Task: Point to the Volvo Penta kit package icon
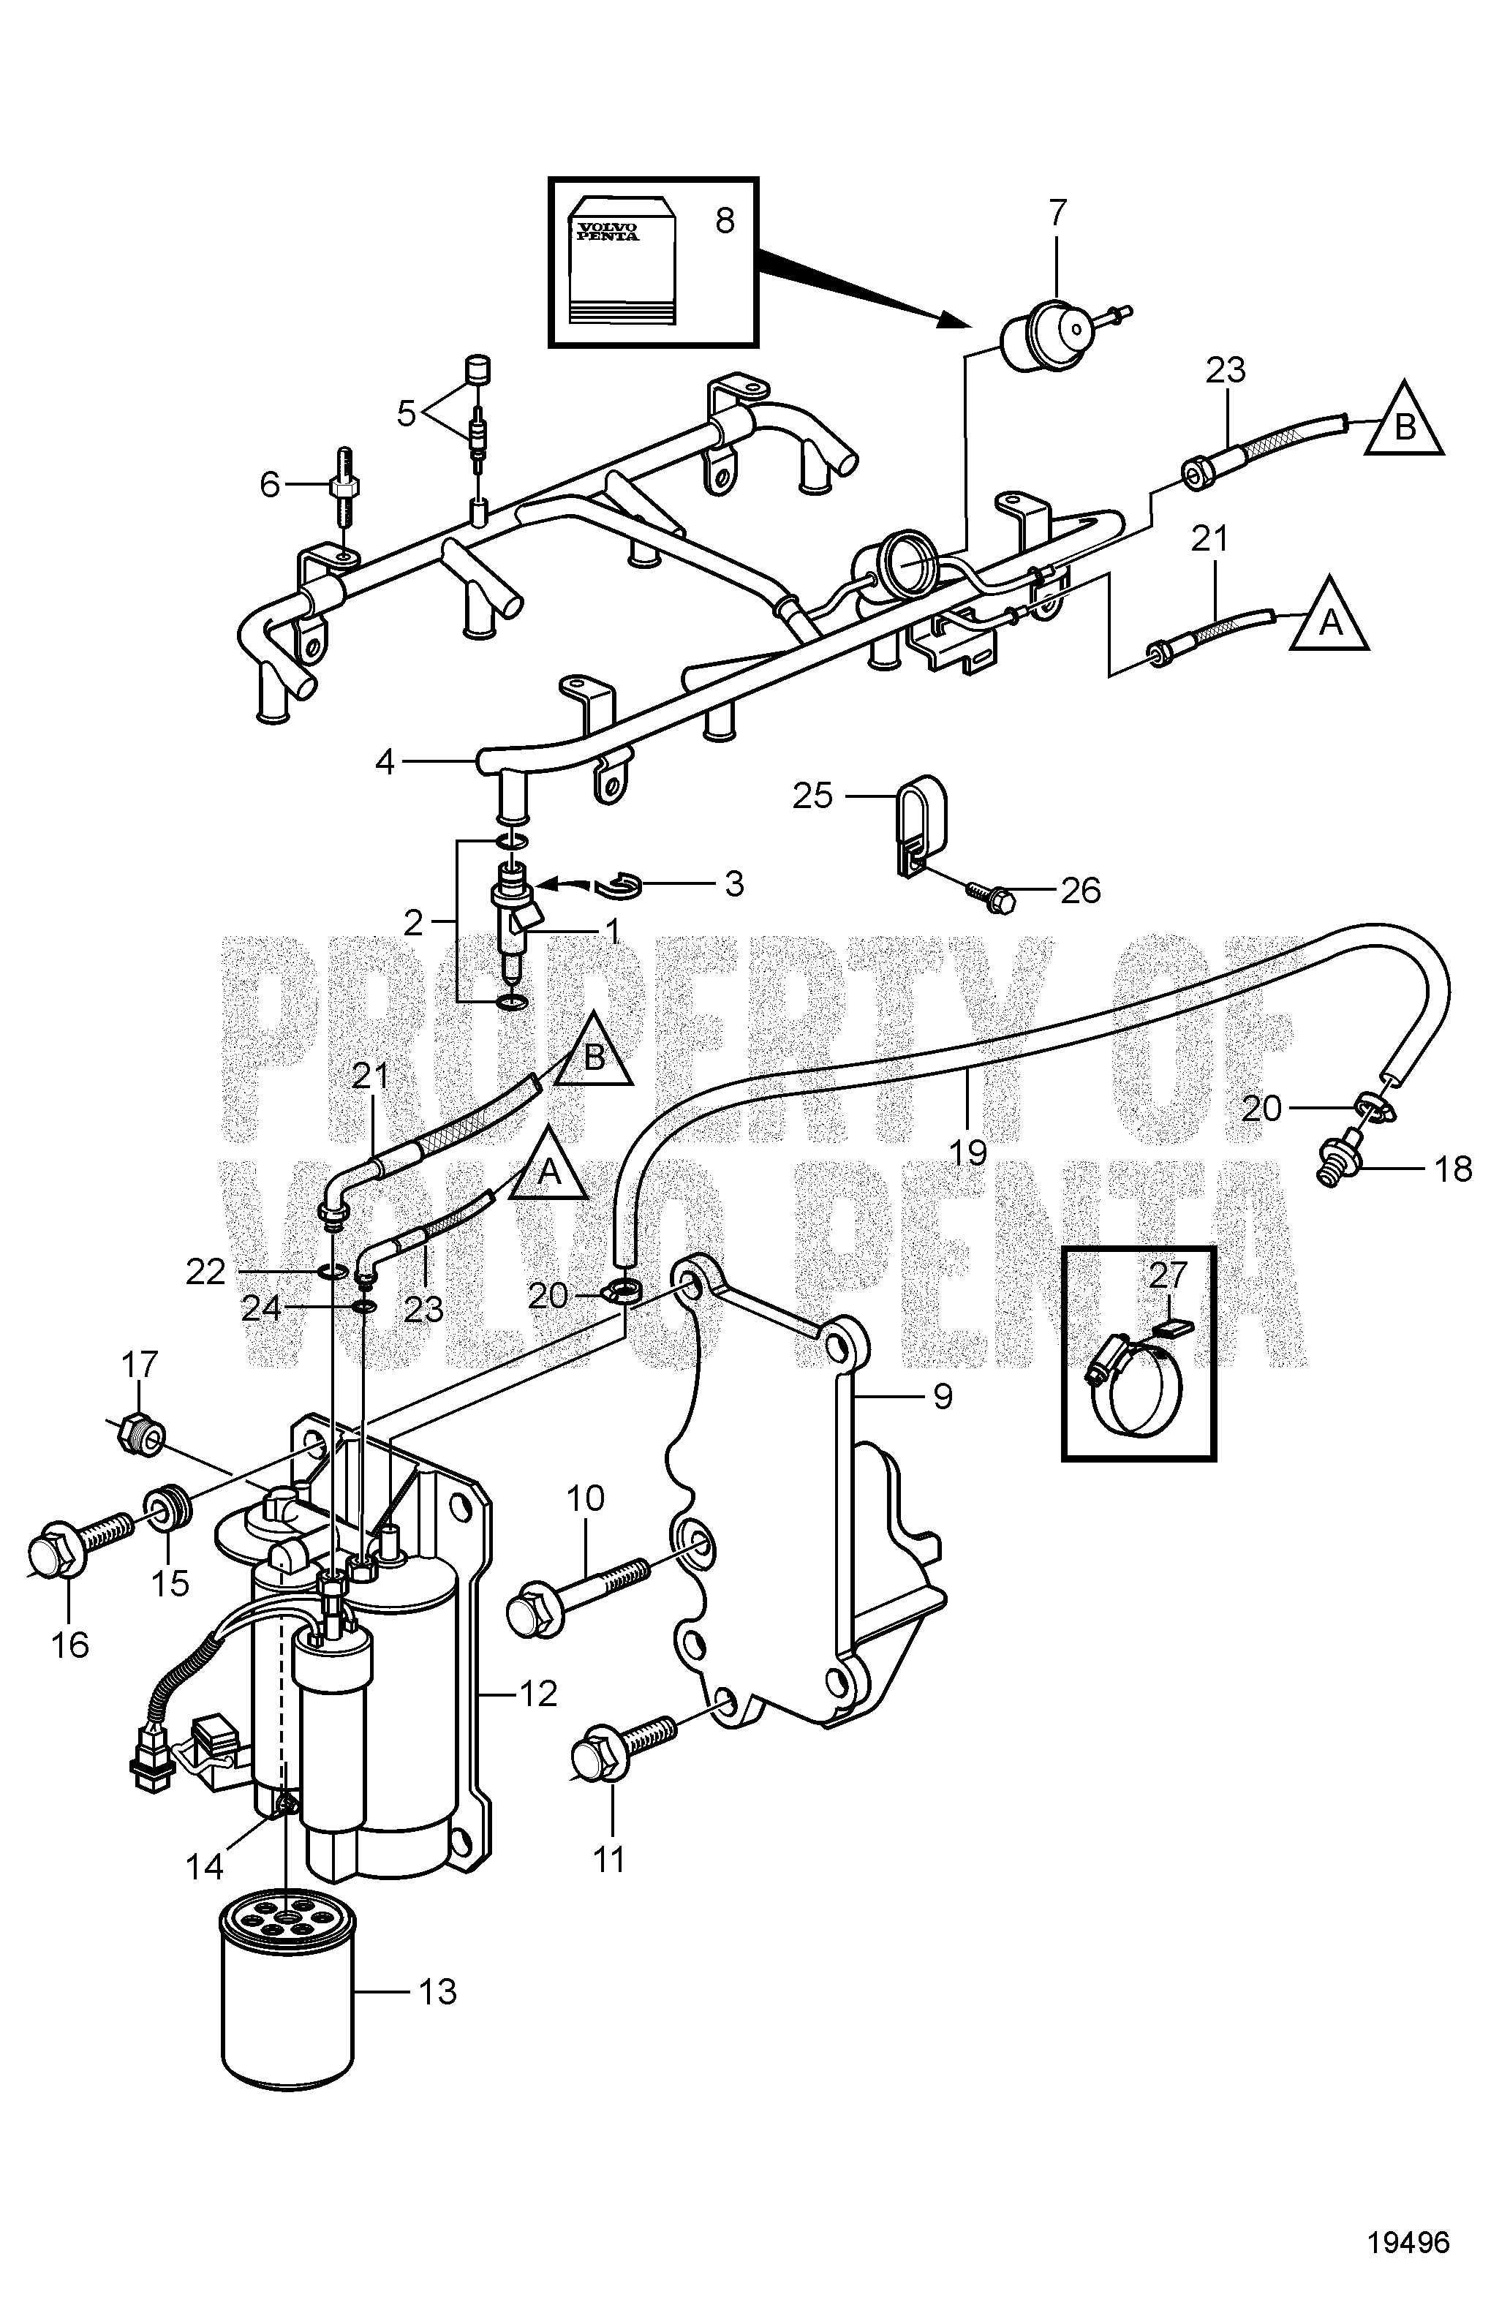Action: (620, 262)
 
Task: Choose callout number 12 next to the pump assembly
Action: (538, 1693)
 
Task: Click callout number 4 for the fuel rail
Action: (385, 763)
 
